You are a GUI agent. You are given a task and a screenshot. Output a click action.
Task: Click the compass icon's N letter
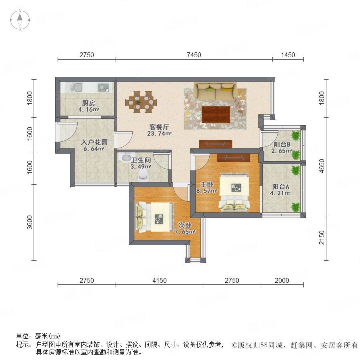pyautogui.click(x=20, y=10)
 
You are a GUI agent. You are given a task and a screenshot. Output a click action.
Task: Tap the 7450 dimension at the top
pyautogui.click(x=194, y=55)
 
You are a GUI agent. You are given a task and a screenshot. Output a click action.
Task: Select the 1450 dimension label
pyautogui.click(x=288, y=55)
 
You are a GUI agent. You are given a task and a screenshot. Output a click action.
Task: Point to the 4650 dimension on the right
pyautogui.click(x=322, y=166)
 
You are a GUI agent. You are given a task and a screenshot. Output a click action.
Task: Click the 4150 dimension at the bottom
pyautogui.click(x=160, y=280)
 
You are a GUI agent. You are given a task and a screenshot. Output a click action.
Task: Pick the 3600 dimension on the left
pyautogui.click(x=30, y=222)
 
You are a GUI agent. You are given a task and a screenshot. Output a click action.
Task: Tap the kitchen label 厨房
pyautogui.click(x=89, y=103)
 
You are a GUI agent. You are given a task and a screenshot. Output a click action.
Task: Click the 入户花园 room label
pyautogui.click(x=94, y=142)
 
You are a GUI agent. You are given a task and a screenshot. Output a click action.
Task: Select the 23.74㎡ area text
pyautogui.click(x=159, y=133)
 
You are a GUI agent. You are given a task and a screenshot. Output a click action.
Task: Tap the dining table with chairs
pyautogui.click(x=141, y=102)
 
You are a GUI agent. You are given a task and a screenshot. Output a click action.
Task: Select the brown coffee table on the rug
pyautogui.click(x=216, y=114)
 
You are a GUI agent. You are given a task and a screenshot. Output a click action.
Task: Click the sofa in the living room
pyautogui.click(x=215, y=91)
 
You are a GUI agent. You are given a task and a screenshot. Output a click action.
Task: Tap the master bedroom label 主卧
pyautogui.click(x=207, y=184)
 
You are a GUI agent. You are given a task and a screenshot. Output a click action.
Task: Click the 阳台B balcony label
pyautogui.click(x=282, y=144)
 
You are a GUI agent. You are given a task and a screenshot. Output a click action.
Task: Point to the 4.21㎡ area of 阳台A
pyautogui.click(x=280, y=193)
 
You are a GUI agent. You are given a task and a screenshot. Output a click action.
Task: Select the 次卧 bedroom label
pyautogui.click(x=185, y=225)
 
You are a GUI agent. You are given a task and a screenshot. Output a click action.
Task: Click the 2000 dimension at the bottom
pyautogui.click(x=282, y=280)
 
